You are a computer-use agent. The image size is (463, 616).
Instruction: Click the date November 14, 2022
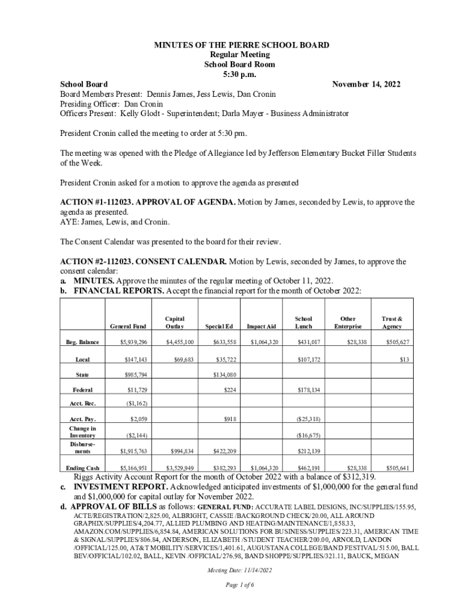[366, 84]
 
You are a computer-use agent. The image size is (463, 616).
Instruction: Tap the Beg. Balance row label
[82, 342]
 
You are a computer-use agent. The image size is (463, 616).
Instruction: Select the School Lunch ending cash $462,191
[308, 467]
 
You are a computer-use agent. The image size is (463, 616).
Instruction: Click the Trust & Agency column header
[392, 322]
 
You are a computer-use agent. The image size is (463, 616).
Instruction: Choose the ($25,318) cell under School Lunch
[308, 419]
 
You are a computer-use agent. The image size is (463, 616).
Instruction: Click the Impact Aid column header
[262, 327]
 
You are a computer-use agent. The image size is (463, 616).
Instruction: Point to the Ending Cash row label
[82, 467]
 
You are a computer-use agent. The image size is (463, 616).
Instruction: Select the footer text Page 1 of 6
[231, 585]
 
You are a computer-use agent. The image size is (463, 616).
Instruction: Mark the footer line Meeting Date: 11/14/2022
[231, 570]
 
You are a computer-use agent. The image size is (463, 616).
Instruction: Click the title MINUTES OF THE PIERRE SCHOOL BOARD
[231, 46]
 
